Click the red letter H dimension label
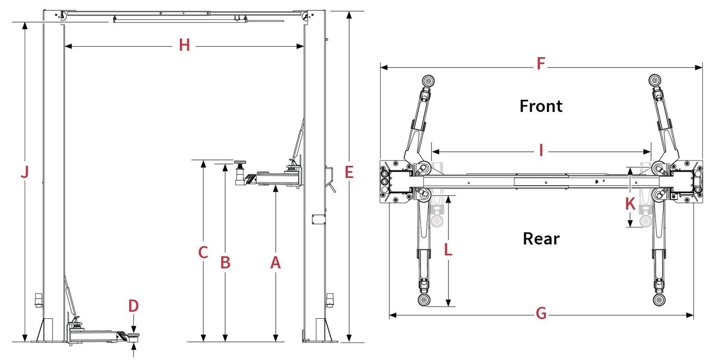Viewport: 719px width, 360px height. [184, 45]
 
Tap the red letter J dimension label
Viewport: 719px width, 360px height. [25, 172]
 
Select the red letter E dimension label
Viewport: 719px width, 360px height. [349, 172]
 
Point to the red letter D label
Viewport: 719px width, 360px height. [133, 306]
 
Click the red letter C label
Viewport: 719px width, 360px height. [203, 253]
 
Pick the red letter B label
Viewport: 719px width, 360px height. [226, 262]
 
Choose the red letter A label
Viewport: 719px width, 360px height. [275, 262]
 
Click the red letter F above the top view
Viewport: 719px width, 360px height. [541, 64]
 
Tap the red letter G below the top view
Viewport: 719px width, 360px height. [541, 313]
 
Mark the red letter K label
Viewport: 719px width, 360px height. [630, 204]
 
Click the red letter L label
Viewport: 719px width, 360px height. [448, 250]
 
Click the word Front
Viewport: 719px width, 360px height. [541, 107]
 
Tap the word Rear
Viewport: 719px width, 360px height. [541, 239]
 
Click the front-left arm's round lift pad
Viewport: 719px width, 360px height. [428, 81]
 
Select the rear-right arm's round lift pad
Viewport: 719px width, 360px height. [659, 300]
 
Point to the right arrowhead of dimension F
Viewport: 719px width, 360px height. [699, 68]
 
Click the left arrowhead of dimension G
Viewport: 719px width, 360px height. [392, 315]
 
